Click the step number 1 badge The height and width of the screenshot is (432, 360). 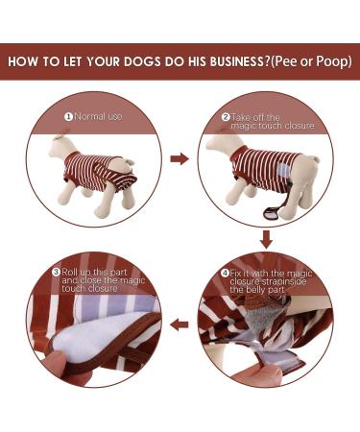68,116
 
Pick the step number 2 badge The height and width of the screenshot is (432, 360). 226,117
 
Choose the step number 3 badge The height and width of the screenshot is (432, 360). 57,272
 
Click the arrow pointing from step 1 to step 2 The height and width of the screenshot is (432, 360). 179,157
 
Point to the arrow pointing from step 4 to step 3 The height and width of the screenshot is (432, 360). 179,325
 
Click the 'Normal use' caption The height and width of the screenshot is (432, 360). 99,116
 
